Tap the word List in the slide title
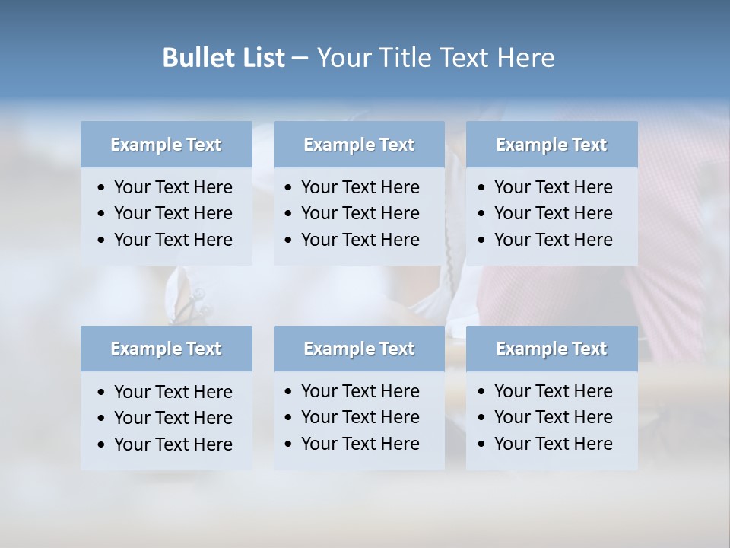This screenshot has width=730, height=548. click(x=260, y=58)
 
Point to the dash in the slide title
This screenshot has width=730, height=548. click(x=300, y=59)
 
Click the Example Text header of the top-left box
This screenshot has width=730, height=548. click(x=166, y=145)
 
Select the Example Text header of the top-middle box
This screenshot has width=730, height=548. click(x=359, y=145)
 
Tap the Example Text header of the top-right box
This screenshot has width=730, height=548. click(x=551, y=145)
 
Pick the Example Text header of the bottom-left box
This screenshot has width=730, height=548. click(x=166, y=349)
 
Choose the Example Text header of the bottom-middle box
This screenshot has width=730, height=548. click(x=359, y=349)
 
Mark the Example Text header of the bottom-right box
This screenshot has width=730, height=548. click(x=551, y=349)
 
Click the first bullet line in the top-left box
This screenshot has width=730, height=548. click(x=173, y=187)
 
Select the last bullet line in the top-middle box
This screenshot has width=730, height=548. click(x=360, y=240)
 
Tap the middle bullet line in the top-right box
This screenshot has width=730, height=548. click(x=554, y=213)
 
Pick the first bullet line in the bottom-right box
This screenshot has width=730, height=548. click(x=554, y=391)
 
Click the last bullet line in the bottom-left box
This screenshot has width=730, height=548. click(x=173, y=444)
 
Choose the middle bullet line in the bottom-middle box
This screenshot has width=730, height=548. click(x=360, y=417)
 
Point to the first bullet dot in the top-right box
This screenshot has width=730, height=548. click(x=481, y=188)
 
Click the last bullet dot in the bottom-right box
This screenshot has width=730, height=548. click(x=481, y=444)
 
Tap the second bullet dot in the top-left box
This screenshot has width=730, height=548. click(x=101, y=214)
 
